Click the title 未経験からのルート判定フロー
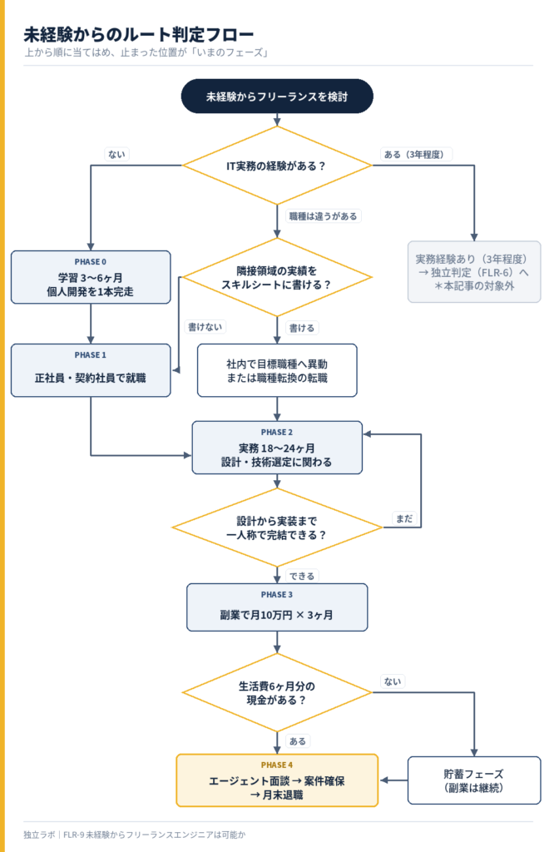[138, 35]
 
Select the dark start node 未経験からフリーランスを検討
[277, 97]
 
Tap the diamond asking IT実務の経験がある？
[277, 166]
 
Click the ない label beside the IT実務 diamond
[116, 154]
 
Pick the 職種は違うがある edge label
[323, 216]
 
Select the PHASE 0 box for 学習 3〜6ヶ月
[91, 277]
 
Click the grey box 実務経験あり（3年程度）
[474, 272]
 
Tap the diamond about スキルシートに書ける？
[277, 277]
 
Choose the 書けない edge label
[205, 326]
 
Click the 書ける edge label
[301, 328]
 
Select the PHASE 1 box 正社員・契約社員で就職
[91, 370]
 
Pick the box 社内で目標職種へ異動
[277, 370]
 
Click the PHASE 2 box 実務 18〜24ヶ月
[277, 447]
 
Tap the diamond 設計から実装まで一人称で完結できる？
[277, 527]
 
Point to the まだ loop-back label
[404, 518]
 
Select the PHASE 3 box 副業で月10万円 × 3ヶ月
[277, 607]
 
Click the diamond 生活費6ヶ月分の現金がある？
[277, 692]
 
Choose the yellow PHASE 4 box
[277, 780]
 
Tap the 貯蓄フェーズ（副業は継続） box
[474, 780]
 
